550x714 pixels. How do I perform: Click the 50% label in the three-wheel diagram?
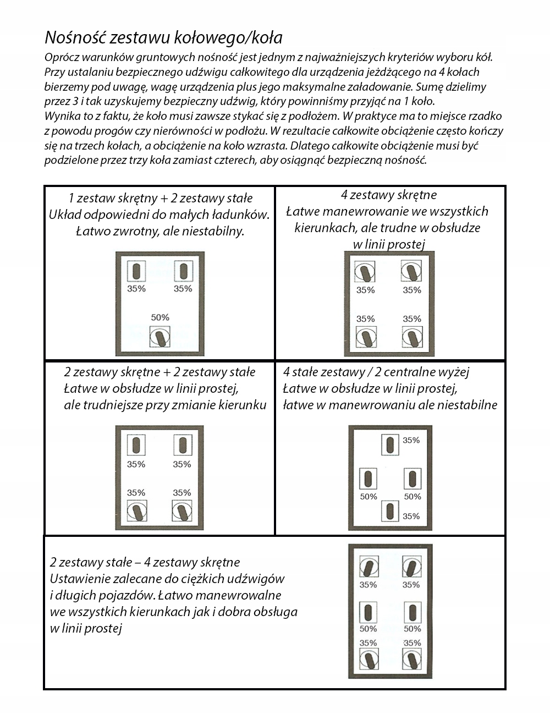click(x=160, y=317)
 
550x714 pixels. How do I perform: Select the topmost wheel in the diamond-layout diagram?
click(x=390, y=444)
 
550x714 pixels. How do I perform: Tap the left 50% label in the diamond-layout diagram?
click(x=369, y=497)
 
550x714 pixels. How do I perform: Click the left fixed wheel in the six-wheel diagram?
click(x=368, y=612)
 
